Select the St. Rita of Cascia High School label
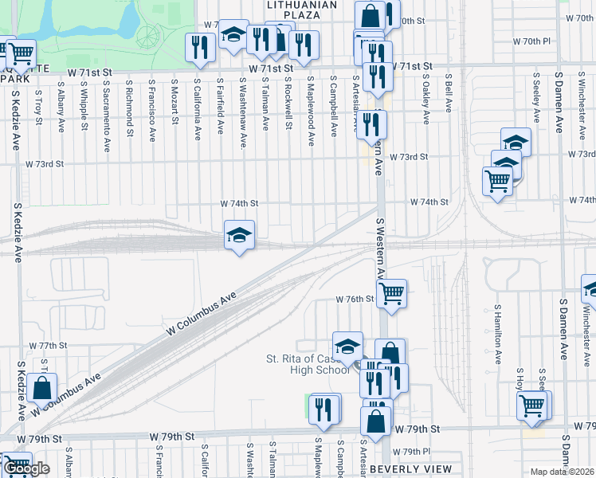tap(307, 364)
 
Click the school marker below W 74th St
tap(239, 236)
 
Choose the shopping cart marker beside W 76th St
tap(391, 294)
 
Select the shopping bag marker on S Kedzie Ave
tap(41, 389)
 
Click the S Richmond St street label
tap(128, 108)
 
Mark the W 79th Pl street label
tap(414, 451)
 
